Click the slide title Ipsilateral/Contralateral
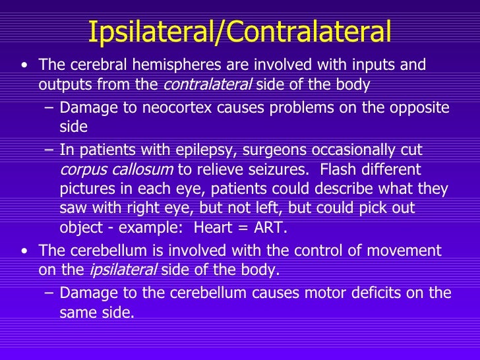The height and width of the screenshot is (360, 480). coord(239,30)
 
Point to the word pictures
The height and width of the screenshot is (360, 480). coord(87,189)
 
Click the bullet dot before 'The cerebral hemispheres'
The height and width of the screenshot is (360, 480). coord(24,66)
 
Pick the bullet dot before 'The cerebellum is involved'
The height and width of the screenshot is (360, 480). coord(24,251)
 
